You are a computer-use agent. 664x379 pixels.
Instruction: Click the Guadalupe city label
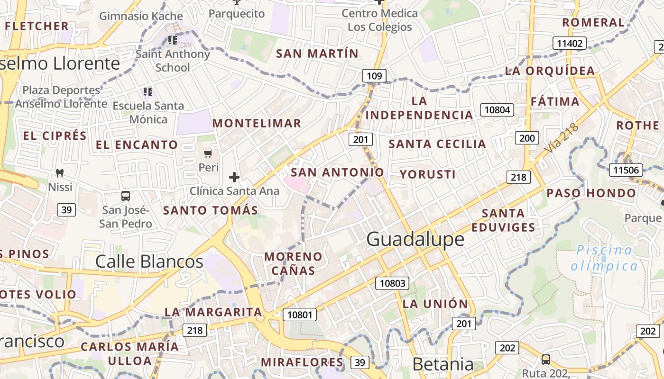point(415,239)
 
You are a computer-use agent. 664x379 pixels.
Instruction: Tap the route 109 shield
point(374,76)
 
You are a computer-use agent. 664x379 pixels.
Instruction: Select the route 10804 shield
point(497,110)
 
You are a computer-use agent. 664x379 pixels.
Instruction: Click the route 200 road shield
point(526,138)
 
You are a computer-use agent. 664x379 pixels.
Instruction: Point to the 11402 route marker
point(569,44)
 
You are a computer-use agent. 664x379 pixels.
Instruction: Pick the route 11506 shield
point(626,170)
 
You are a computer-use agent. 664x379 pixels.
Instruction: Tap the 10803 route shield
point(393,283)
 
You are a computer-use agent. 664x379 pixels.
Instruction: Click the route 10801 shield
point(300,314)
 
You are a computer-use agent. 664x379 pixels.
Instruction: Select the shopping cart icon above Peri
point(208,153)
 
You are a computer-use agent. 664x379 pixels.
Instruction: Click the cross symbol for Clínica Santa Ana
point(234,177)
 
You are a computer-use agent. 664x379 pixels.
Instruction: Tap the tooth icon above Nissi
point(60,173)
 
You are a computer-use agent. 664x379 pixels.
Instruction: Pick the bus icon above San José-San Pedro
point(126,196)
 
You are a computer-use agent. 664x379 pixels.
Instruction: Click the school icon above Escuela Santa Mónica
point(148,91)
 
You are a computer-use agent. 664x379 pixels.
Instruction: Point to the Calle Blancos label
point(149,261)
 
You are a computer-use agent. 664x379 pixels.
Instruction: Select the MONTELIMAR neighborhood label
point(257,123)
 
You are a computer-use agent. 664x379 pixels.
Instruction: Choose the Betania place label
point(443,364)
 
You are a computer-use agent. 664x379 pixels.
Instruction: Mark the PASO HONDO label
point(591,193)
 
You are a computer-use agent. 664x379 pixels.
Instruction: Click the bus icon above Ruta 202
point(546,359)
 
